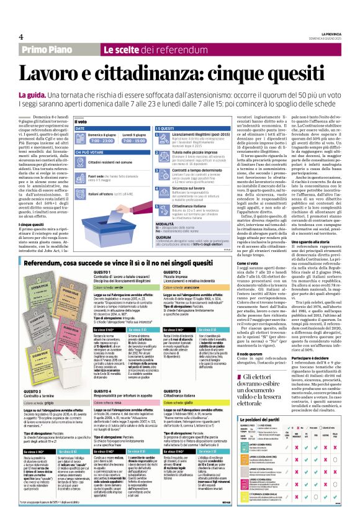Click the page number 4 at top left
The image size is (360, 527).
[x=20, y=36]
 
